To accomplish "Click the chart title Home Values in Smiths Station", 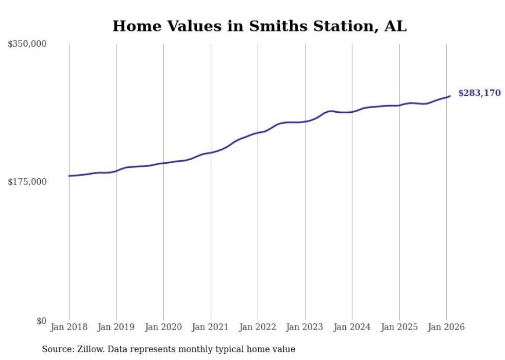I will (259, 26).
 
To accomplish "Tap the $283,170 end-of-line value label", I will (479, 93).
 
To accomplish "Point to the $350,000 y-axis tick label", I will (27, 44).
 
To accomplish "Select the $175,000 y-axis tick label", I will (27, 182).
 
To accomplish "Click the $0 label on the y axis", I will (41, 321).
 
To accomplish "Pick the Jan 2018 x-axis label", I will (69, 327).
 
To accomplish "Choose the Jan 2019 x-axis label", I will (116, 327).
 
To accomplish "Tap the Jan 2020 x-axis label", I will (163, 327).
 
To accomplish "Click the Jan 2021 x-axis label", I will (211, 327).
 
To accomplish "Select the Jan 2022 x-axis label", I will (258, 327).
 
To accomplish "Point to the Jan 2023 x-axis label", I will (305, 327).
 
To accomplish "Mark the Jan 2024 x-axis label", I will (352, 327).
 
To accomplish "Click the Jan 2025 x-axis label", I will (399, 327).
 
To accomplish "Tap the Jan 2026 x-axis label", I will (446, 327).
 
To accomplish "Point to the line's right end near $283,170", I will (449, 96).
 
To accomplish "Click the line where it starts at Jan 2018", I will (70, 176).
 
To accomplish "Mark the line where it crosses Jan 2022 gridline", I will (258, 133).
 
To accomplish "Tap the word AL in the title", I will (395, 26).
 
